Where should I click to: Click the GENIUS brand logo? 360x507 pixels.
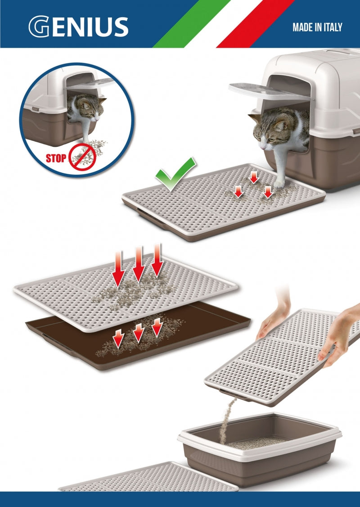pos(79,27)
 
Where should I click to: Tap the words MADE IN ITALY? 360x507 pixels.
pos(317,27)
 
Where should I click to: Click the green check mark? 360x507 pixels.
pos(175,174)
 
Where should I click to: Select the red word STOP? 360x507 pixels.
pos(56,158)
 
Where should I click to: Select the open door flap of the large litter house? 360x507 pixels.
pos(270,91)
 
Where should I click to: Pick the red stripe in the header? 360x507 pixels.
pos(255,24)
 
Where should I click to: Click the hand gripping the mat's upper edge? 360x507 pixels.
pos(274,318)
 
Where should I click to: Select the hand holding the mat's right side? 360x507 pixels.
pos(339,336)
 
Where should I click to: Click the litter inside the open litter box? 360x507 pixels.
pos(259,443)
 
